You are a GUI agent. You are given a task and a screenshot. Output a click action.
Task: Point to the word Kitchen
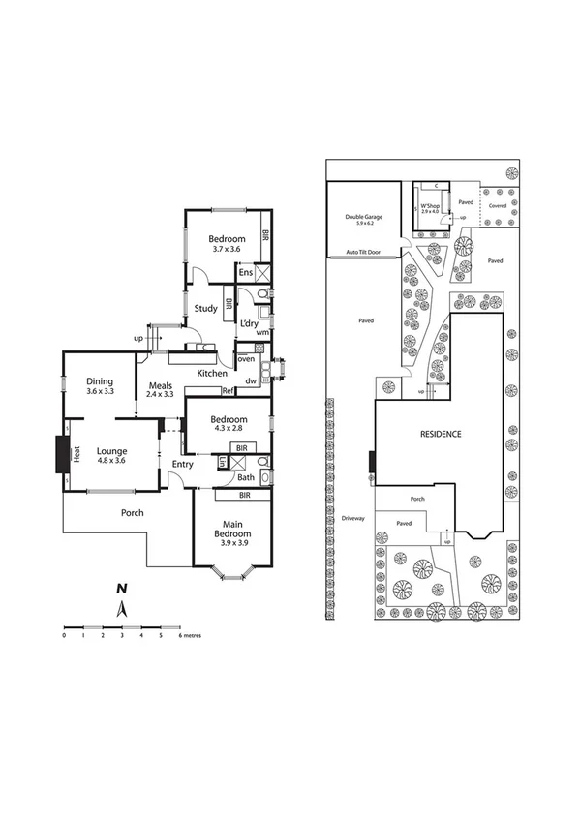(212, 373)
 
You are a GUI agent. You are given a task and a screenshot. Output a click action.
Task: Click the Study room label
(204, 308)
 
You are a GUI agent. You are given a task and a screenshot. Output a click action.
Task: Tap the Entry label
(182, 465)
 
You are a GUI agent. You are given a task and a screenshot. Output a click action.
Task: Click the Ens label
(246, 274)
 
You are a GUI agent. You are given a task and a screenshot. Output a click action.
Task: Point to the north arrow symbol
(122, 608)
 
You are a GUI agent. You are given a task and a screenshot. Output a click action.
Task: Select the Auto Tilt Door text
(363, 252)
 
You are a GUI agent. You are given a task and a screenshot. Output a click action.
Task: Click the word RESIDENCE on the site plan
(441, 434)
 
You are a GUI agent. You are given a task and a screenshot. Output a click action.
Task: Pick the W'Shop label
(429, 208)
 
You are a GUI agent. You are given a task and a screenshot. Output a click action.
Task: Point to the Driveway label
(352, 518)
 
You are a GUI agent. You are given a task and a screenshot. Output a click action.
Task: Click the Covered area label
(497, 206)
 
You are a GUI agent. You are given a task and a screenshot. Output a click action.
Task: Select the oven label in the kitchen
(246, 359)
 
